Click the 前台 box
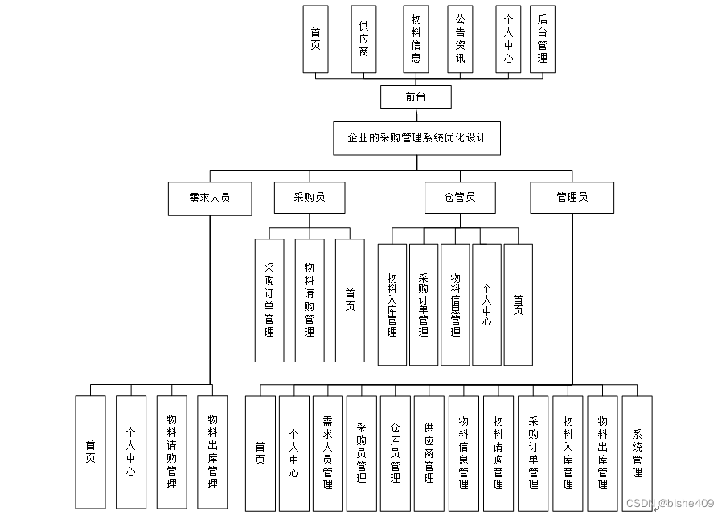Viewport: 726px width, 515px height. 416,97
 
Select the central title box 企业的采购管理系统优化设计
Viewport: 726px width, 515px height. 416,137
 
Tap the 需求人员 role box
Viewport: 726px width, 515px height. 209,198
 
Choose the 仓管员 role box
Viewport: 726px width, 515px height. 460,198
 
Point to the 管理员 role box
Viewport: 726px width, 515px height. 572,198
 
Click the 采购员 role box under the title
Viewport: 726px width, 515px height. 310,197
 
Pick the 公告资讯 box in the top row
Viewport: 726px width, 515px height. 460,39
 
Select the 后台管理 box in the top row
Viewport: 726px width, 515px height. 542,39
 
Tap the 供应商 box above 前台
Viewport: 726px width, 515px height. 363,39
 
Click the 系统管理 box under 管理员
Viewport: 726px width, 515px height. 637,452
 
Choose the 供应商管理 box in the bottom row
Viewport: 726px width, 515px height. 429,452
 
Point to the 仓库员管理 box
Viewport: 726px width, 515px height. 395,452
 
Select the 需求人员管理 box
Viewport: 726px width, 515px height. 327,452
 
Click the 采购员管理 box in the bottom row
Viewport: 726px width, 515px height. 361,452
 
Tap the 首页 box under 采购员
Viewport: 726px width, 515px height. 350,300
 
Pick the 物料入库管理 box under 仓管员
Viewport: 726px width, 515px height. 392,305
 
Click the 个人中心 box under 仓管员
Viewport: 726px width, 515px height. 486,305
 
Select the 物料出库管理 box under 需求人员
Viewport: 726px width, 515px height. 212,452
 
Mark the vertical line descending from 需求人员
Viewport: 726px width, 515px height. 210,305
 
